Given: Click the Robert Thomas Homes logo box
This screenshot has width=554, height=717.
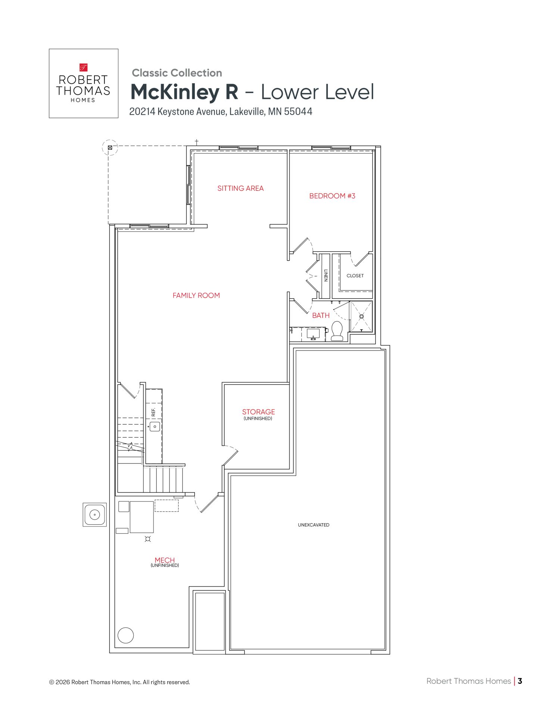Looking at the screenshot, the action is click(x=84, y=83).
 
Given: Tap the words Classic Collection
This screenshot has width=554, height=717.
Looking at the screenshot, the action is click(x=177, y=73).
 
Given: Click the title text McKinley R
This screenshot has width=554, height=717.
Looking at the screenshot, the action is click(x=184, y=92).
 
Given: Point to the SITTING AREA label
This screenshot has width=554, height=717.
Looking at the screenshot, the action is click(x=240, y=189).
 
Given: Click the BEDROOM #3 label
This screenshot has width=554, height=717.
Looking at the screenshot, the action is click(x=332, y=196).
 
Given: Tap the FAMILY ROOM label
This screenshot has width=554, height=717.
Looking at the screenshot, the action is click(x=196, y=295).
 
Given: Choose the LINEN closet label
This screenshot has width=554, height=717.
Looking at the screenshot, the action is click(x=326, y=276).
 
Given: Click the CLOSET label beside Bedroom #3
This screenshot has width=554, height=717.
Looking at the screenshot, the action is click(x=355, y=276).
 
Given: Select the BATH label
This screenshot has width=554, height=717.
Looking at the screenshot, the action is click(x=321, y=316).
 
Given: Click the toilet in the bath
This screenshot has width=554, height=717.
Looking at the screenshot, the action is click(x=337, y=331).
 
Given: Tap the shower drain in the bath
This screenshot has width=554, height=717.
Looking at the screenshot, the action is click(x=361, y=316).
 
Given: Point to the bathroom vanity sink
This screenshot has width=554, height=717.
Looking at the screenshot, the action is click(x=313, y=333).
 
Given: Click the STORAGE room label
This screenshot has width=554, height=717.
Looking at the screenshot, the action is click(x=258, y=412).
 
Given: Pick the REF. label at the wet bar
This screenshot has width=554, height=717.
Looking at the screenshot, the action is click(x=153, y=412).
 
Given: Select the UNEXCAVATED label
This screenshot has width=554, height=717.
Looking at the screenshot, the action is click(x=314, y=525).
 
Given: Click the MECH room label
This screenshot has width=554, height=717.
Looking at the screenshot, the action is click(x=165, y=560).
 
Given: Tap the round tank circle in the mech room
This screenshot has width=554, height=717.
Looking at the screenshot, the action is click(x=126, y=635).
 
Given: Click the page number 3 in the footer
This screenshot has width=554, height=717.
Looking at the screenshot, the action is click(x=520, y=681).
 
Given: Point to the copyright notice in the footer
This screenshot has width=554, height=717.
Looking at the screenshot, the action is click(x=119, y=682).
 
